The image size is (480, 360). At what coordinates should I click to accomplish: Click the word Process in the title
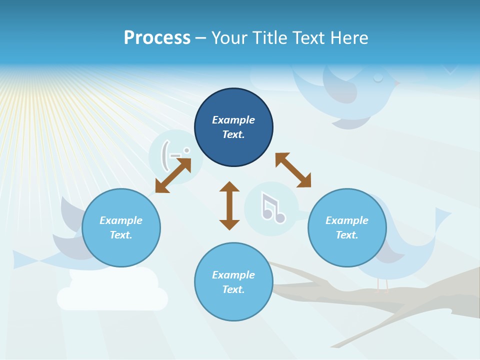pyautogui.click(x=157, y=38)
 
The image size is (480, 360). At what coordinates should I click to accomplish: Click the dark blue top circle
pyautogui.click(x=233, y=127)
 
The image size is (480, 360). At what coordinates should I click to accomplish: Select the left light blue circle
pyautogui.click(x=121, y=227)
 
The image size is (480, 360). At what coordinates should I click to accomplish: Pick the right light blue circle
pyautogui.click(x=347, y=227)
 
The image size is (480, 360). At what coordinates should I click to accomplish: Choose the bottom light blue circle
pyautogui.click(x=233, y=282)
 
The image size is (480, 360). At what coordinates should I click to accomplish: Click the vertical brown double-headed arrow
pyautogui.click(x=229, y=205)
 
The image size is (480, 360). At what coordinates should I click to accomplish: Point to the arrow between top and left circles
pyautogui.click(x=173, y=175)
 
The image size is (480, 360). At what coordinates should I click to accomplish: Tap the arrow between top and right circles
pyautogui.click(x=293, y=170)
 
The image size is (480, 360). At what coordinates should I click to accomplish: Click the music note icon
pyautogui.click(x=272, y=208)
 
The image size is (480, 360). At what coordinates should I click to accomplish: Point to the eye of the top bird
pyautogui.click(x=378, y=77)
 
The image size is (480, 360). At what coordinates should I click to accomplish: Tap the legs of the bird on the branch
pyautogui.click(x=382, y=285)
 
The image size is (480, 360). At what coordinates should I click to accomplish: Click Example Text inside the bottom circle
pyautogui.click(x=233, y=282)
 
